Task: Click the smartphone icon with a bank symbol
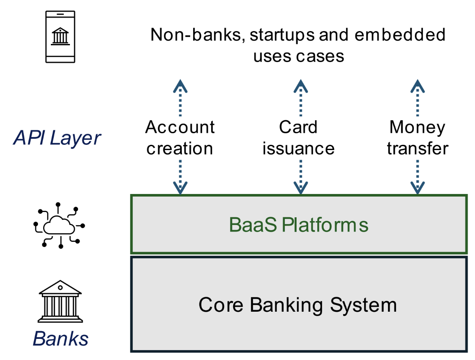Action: point(60,37)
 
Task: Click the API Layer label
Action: point(57,138)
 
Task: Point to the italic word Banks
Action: point(60,339)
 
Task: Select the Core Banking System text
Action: point(297,305)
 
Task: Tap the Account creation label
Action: point(180,138)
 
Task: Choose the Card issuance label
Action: point(298,138)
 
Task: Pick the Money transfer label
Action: point(417,138)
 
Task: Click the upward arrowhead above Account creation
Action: point(180,86)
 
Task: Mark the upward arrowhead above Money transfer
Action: point(418,86)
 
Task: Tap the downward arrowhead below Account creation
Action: point(180,188)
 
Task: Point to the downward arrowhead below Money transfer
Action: point(418,188)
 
